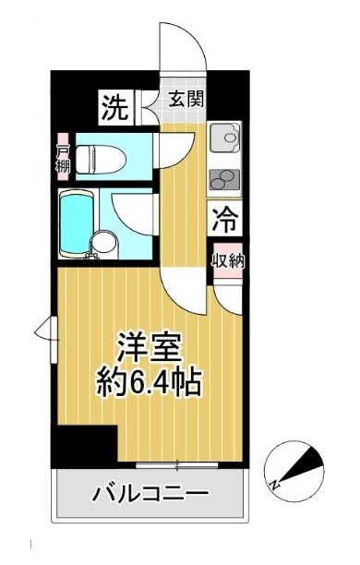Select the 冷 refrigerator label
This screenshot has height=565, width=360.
(x=223, y=221)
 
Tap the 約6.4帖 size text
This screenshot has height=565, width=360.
(x=150, y=380)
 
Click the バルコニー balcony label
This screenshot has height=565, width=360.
(x=150, y=495)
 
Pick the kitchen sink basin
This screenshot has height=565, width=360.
(x=224, y=139)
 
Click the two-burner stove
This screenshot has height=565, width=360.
(x=224, y=177)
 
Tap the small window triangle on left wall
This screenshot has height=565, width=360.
(x=42, y=328)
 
